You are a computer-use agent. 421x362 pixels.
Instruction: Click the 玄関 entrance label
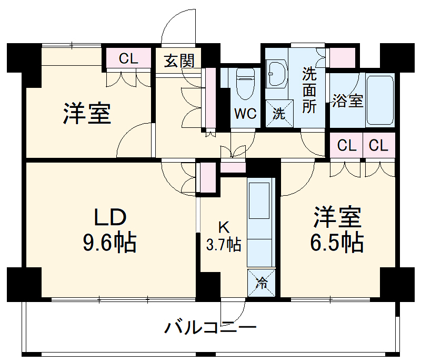(x=179, y=61)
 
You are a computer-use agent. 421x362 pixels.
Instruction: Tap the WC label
(x=245, y=114)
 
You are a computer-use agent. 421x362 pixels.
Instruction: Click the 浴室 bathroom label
(x=347, y=100)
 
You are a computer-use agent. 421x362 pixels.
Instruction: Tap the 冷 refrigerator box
(x=262, y=283)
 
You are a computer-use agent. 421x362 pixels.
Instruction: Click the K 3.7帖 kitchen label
(x=224, y=236)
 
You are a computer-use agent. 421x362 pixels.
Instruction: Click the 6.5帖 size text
(x=337, y=242)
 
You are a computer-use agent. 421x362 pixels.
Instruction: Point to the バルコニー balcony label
(x=210, y=329)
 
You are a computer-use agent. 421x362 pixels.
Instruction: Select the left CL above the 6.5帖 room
(x=347, y=146)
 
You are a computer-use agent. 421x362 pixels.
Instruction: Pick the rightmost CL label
(x=378, y=146)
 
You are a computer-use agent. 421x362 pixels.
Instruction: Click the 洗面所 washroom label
(x=309, y=90)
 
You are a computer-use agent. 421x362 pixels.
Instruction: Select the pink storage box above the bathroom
(x=342, y=58)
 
